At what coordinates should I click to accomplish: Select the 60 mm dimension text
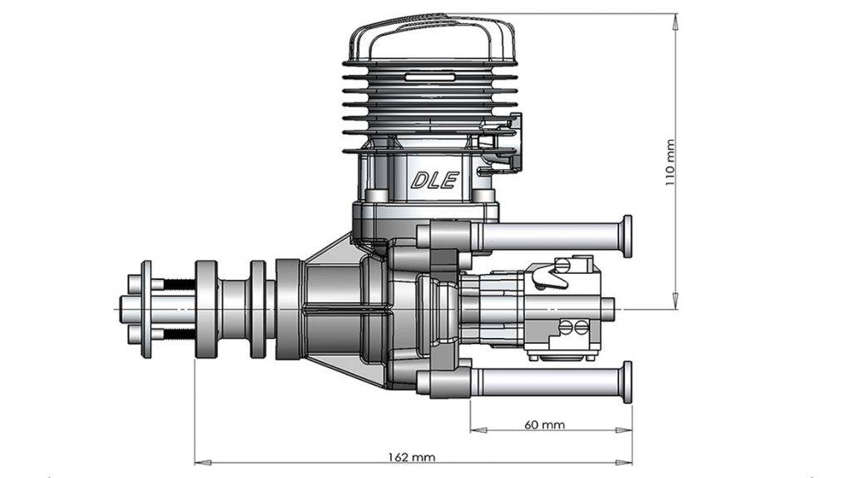click(x=544, y=425)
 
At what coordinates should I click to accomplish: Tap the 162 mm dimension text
click(x=412, y=457)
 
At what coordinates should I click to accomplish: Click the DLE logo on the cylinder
click(x=434, y=180)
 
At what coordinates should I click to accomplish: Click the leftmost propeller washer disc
click(x=146, y=309)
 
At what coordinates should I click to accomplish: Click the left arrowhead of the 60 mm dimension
click(x=475, y=431)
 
